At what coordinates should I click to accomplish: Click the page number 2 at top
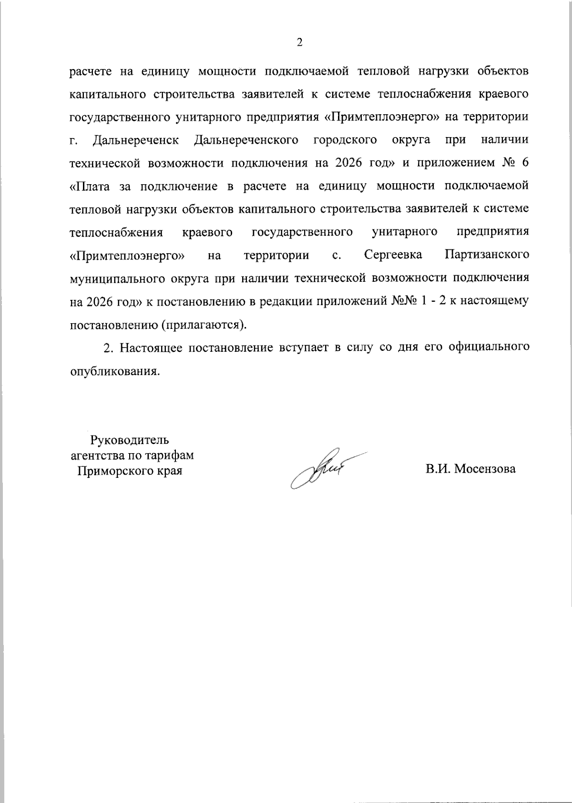299,43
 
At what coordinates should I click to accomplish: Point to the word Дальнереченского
247,140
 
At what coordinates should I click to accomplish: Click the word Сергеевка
393,255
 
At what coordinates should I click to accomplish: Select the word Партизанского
487,255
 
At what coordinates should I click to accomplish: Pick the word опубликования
114,371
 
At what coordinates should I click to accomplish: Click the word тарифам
171,456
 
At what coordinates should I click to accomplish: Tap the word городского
346,140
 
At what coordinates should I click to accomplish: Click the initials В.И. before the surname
438,469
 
